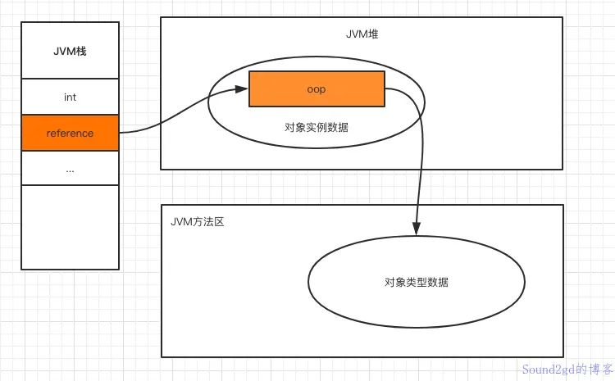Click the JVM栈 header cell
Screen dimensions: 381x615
click(x=70, y=52)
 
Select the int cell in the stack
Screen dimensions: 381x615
click(x=70, y=97)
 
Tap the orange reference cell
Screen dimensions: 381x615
click(x=70, y=133)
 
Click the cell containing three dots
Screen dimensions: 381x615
click(x=70, y=169)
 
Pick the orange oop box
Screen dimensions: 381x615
click(x=317, y=89)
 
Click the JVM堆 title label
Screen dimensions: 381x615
click(x=362, y=35)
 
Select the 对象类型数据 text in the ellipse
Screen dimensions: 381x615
click(x=416, y=282)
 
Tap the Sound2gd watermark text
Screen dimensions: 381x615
click(x=565, y=370)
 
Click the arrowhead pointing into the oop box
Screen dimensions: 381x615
click(x=244, y=89)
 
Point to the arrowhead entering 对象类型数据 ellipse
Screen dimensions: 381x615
click(x=417, y=230)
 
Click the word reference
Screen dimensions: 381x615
click(x=70, y=133)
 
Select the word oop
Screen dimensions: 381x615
click(x=317, y=89)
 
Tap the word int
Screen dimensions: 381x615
click(x=70, y=97)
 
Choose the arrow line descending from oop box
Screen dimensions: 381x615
click(x=421, y=164)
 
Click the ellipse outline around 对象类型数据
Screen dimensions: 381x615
click(x=309, y=283)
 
